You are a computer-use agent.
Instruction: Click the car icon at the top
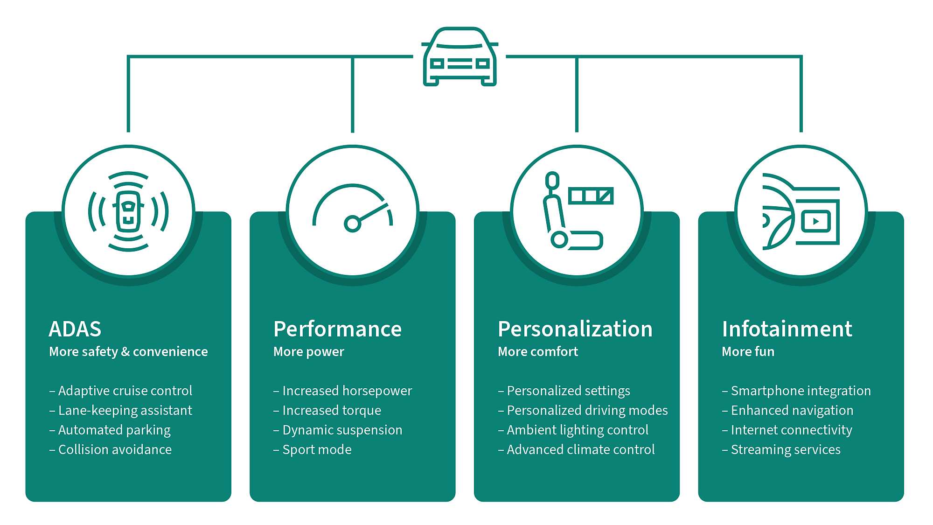460,57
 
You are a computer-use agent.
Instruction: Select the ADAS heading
75,329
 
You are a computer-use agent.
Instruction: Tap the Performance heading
337,329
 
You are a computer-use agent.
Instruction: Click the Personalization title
575,329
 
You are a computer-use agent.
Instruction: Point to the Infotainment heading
787,329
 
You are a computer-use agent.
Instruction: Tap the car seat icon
562,212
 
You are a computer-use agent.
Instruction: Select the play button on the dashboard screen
815,221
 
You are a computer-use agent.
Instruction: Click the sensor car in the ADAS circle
128,211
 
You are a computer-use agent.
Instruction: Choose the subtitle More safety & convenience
128,351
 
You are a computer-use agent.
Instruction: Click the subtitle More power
308,351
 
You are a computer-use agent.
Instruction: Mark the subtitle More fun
748,351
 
